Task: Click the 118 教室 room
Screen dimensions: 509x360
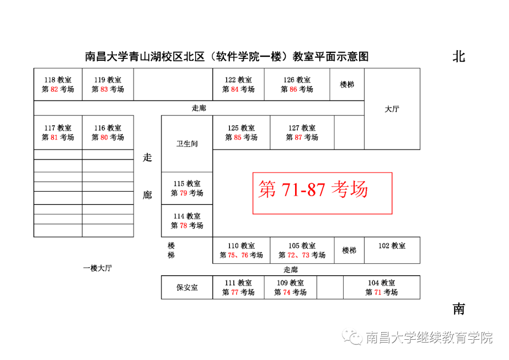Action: coord(58,84)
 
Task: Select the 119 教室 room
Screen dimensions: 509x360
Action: coord(107,84)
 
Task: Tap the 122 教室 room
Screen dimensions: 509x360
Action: coord(238,84)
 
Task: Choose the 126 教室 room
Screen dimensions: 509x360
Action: coord(296,84)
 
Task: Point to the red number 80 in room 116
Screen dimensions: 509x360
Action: coord(104,138)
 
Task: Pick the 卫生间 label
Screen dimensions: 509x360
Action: coord(187,144)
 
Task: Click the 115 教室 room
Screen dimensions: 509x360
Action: coord(187,188)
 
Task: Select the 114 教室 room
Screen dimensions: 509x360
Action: coord(187,221)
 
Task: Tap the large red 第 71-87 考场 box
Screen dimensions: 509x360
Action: coord(322,193)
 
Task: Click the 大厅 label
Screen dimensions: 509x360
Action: coord(392,109)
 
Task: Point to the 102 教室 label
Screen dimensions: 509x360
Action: coord(392,246)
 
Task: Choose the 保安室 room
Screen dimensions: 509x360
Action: coord(187,287)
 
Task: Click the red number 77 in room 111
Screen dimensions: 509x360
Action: coord(235,293)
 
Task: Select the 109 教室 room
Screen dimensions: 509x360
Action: coord(290,287)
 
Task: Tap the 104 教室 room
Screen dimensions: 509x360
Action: coord(381,287)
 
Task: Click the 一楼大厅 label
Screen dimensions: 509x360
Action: coord(98,268)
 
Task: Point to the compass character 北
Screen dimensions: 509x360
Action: coord(459,57)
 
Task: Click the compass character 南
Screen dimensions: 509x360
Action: coord(459,309)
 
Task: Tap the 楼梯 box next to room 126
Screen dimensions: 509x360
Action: coord(347,84)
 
